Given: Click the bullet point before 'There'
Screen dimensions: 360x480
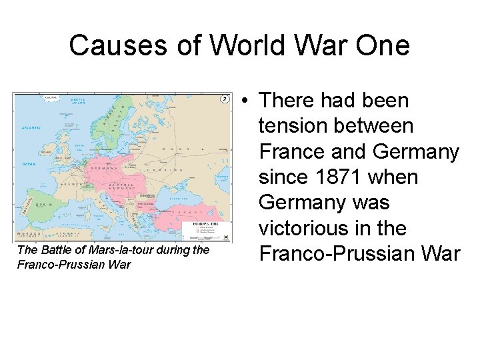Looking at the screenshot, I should pyautogui.click(x=246, y=101).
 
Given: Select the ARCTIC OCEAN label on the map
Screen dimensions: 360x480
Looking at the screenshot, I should pyautogui.click(x=78, y=101).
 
